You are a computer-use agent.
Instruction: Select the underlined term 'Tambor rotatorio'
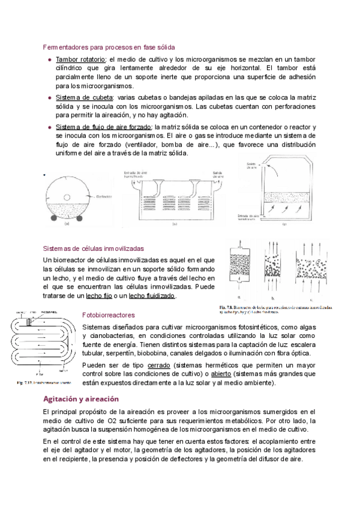coord(80,59)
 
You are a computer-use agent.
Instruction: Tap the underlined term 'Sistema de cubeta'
coord(81,97)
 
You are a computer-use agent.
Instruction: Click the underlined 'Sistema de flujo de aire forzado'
coord(104,127)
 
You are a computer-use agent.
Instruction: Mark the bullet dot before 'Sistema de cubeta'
coord(49,97)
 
